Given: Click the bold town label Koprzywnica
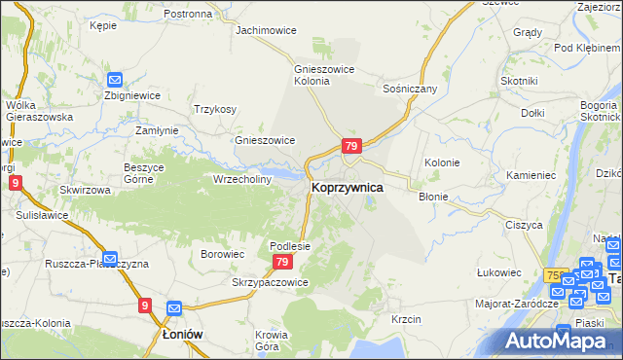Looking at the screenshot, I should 347,186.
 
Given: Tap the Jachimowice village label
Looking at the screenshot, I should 267,30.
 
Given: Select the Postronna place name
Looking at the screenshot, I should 188,14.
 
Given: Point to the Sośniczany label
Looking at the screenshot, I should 411,89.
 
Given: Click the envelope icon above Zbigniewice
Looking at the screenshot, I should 115,80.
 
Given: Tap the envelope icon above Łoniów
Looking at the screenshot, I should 174,309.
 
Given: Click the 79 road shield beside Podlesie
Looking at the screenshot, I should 282,263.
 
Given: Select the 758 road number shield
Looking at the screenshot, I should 556,276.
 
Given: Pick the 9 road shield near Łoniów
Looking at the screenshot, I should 145,306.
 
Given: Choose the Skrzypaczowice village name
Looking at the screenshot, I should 270,282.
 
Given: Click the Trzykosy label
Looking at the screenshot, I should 215,109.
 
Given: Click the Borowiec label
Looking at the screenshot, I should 222,254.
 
